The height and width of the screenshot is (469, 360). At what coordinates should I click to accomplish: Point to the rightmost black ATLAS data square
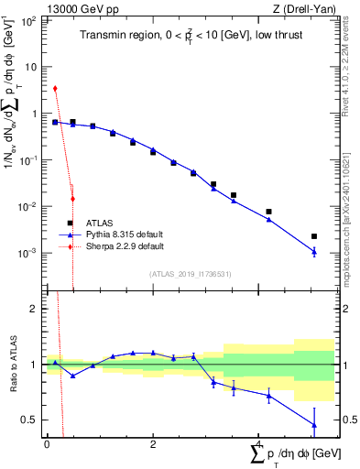tap(314, 236)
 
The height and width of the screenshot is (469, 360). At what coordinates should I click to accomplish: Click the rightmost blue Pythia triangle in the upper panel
tap(314, 252)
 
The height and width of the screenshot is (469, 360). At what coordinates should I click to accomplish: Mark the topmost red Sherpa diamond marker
tap(55, 89)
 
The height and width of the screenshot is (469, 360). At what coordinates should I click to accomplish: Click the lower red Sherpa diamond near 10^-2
tap(72, 199)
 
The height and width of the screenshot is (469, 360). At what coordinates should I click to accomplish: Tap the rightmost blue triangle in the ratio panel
tap(314, 425)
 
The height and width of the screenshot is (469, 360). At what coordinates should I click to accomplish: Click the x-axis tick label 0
tap(46, 444)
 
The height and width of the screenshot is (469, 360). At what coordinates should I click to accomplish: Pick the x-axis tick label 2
tap(153, 444)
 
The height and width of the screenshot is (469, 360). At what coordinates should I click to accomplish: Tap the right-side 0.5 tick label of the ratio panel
tap(347, 420)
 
